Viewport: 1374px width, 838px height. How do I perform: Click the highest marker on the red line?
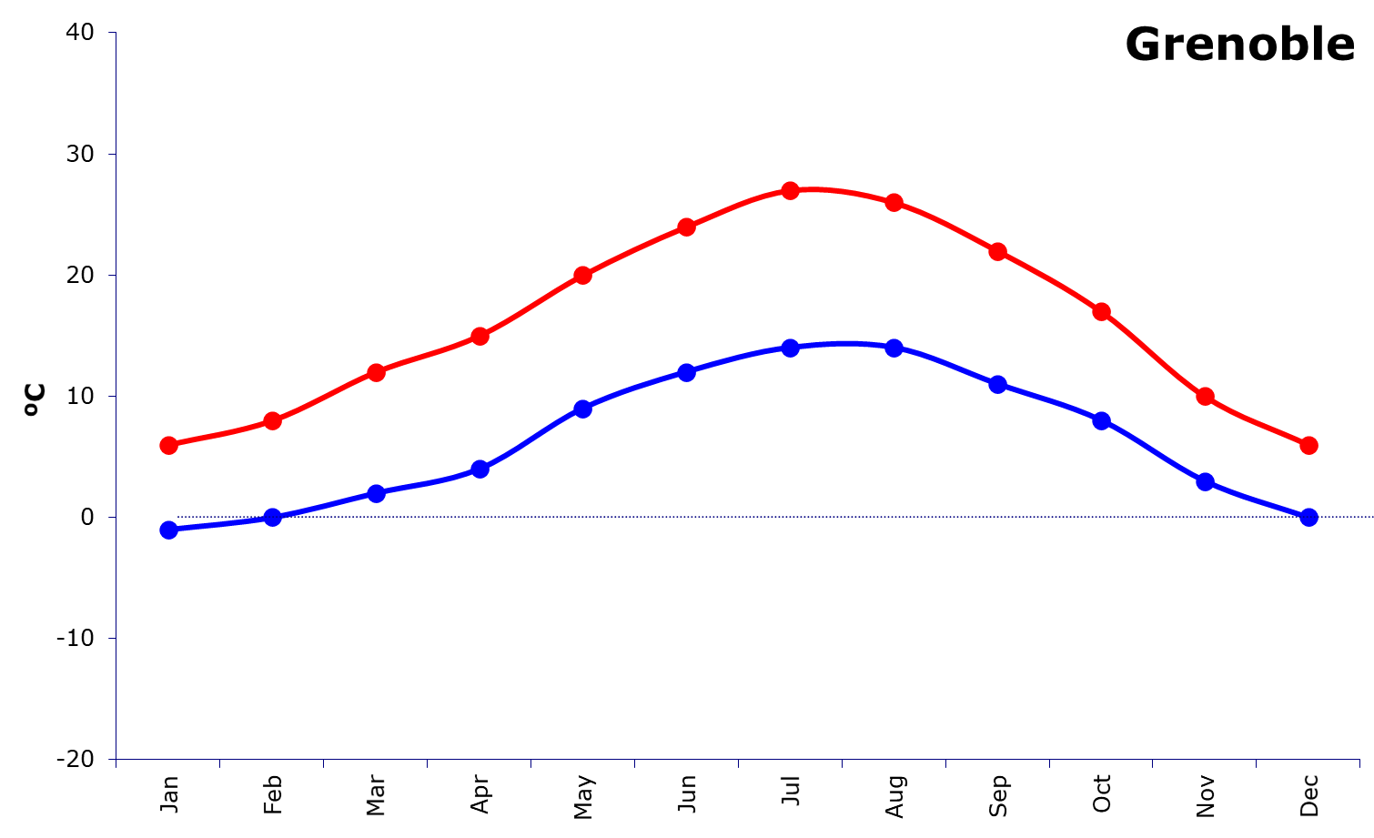(x=791, y=190)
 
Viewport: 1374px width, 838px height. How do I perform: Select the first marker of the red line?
(x=168, y=445)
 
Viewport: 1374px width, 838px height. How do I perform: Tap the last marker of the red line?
(x=1308, y=445)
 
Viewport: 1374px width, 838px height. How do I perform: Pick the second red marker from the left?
(x=272, y=420)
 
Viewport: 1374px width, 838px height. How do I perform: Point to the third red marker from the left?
(x=376, y=372)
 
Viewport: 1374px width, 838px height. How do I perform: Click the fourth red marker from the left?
(x=480, y=336)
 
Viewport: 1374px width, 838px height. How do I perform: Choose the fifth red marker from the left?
(x=583, y=275)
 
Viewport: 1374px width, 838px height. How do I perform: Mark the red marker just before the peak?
(x=687, y=227)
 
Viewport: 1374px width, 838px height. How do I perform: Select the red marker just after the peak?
(x=894, y=202)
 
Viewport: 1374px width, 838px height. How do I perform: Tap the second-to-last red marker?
(x=1205, y=396)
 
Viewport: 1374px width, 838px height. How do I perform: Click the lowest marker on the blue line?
(x=168, y=530)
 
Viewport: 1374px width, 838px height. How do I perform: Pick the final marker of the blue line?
(x=1308, y=517)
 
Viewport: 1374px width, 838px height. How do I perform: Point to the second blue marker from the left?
(x=272, y=517)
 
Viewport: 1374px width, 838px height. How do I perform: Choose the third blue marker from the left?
(x=376, y=493)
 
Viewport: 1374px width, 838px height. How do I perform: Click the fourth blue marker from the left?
(x=480, y=469)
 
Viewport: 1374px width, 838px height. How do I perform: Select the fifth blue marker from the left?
(x=583, y=408)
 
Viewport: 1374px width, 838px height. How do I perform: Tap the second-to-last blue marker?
(x=1205, y=481)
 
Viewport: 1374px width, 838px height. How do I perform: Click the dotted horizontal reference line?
(x=728, y=517)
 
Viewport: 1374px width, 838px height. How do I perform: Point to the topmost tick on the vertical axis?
(x=113, y=33)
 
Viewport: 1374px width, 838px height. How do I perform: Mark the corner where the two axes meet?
(x=116, y=759)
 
